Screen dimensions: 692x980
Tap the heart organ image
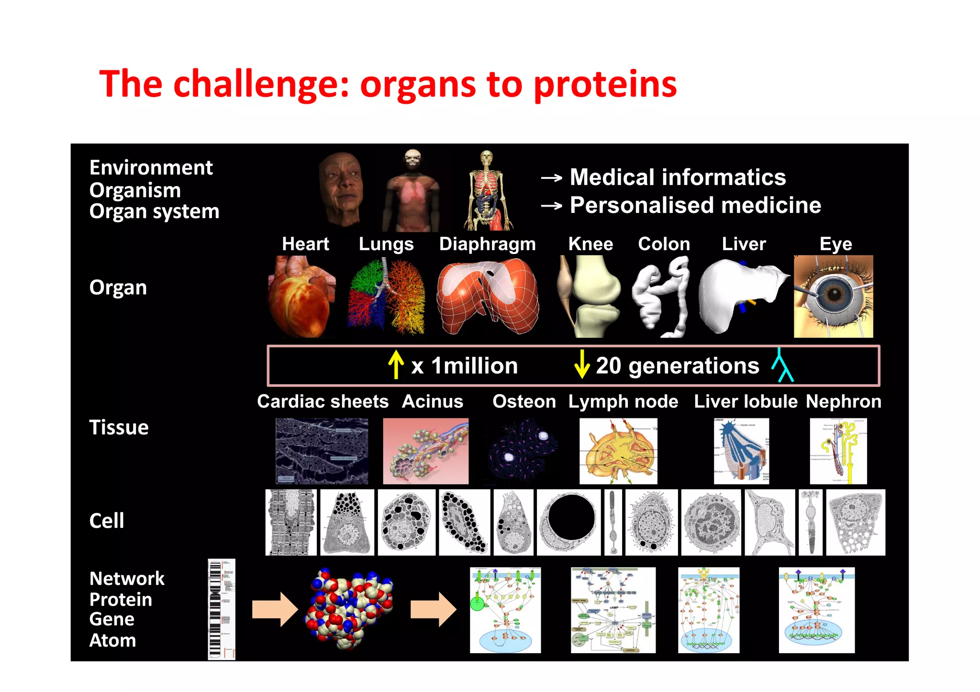point(301,297)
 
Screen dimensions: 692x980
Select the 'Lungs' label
point(386,244)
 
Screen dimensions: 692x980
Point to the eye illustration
point(833,297)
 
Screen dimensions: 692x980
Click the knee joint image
point(590,297)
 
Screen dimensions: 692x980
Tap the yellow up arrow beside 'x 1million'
point(396,364)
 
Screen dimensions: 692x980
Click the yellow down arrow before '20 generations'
point(581,364)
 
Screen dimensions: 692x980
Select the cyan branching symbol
point(782,365)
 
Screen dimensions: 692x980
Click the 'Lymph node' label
point(623,402)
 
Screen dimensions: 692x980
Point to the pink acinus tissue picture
point(425,451)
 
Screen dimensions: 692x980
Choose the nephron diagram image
point(838,451)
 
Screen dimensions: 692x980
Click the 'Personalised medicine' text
point(695,206)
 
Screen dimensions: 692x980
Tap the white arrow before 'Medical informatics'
point(551,178)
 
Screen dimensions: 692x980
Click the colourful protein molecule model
point(349,608)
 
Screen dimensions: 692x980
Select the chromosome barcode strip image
point(221,609)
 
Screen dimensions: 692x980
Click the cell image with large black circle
point(568,522)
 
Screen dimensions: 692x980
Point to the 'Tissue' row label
point(119,428)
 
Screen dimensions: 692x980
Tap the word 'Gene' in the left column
point(112,619)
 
